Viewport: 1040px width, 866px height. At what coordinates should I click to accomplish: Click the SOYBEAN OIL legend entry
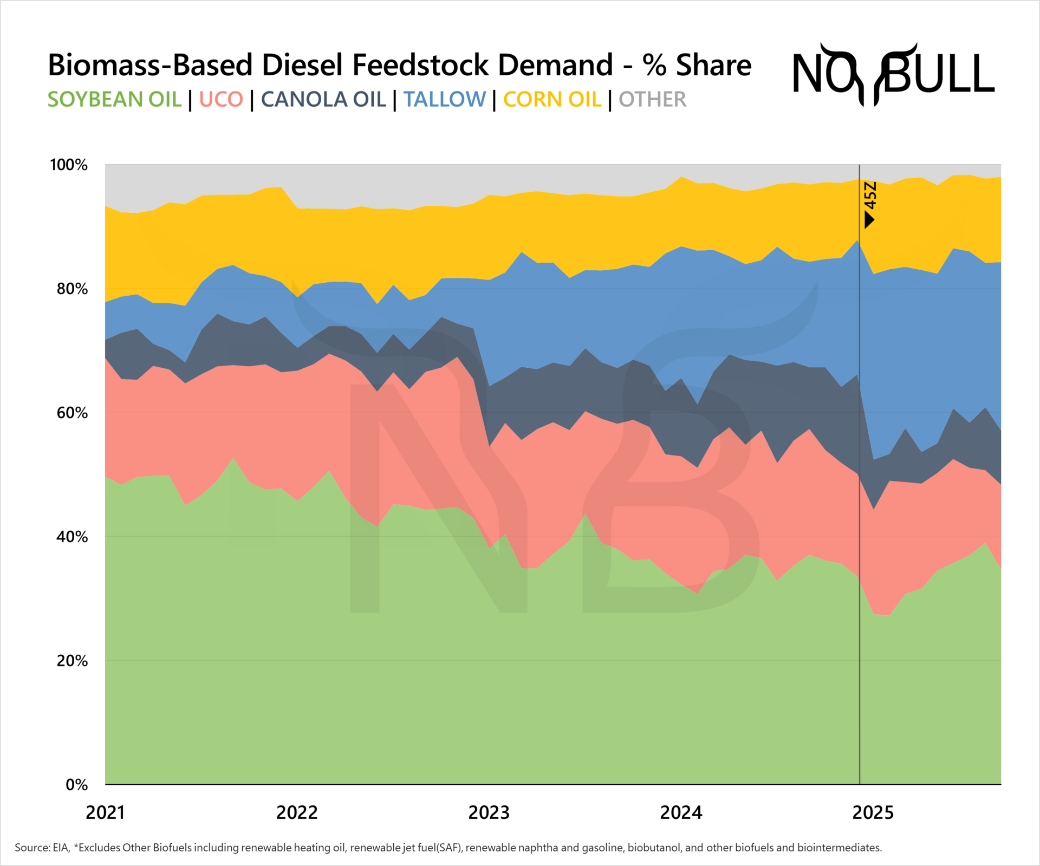114,100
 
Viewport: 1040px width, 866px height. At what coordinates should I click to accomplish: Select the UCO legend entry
221,100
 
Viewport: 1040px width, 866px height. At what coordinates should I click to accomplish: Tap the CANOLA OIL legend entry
323,100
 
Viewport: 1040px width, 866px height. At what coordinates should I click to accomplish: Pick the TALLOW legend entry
444,100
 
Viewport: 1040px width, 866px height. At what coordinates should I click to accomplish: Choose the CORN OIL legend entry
552,100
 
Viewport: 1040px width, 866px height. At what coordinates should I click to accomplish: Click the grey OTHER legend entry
652,100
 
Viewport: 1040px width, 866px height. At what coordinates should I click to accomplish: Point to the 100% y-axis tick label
69,165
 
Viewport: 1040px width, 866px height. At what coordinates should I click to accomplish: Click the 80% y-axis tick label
72,289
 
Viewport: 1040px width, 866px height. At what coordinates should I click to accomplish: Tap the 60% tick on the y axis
72,413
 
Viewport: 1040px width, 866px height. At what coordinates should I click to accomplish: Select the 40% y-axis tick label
72,537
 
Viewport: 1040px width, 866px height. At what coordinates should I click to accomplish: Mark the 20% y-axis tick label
72,661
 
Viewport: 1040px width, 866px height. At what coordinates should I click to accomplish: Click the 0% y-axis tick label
76,785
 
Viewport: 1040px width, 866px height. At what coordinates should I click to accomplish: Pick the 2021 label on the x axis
105,812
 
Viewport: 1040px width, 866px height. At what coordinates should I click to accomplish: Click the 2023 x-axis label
489,812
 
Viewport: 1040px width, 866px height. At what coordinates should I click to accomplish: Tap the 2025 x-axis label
873,812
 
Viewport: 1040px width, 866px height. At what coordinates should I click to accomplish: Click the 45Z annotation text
870,196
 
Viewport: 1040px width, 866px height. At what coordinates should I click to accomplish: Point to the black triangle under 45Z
869,219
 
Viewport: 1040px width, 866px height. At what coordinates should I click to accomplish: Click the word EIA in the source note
61,848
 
